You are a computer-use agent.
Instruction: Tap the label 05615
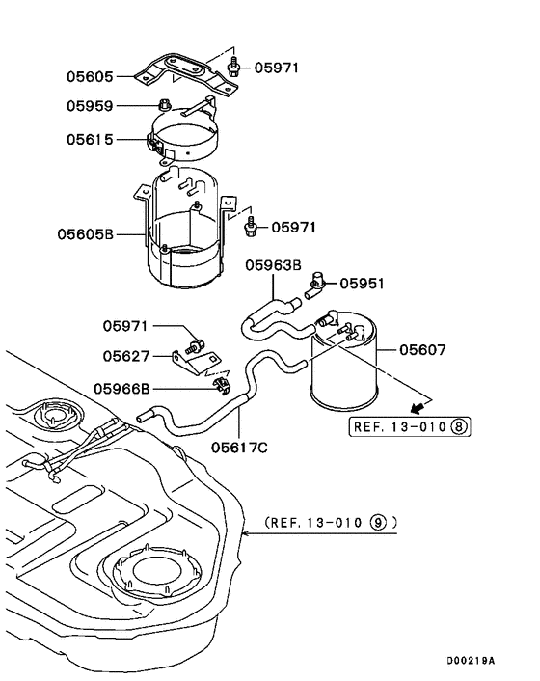click(91, 140)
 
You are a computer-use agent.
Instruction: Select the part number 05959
click(91, 105)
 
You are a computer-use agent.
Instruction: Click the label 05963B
click(273, 264)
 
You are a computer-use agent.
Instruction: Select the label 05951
click(362, 284)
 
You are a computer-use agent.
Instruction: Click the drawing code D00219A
click(470, 661)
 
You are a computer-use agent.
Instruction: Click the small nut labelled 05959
click(165, 105)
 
